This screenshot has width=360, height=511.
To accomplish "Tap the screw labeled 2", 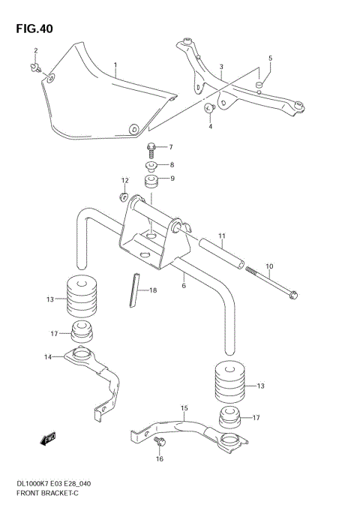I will click(222, 67).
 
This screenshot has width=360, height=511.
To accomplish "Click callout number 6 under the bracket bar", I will click(183, 285).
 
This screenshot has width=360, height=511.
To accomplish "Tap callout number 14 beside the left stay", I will click(48, 357).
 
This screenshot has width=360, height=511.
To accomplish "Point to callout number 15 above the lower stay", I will click(183, 407).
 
